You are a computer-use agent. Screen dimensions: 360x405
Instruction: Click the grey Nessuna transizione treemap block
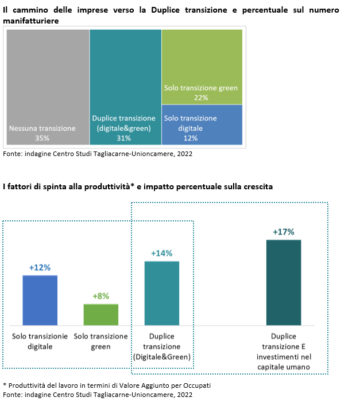[x=48, y=87]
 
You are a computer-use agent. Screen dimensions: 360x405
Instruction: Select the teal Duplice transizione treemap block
[x=126, y=87]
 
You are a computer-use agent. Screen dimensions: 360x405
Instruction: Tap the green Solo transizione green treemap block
[x=202, y=67]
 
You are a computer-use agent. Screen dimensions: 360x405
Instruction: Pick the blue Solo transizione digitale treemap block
[x=202, y=124]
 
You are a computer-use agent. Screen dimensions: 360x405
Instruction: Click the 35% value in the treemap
[x=42, y=138]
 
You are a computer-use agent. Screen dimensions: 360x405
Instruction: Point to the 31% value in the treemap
[x=124, y=138]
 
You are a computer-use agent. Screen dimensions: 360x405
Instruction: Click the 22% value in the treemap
[x=201, y=98]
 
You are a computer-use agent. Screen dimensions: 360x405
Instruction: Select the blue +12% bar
[x=40, y=301]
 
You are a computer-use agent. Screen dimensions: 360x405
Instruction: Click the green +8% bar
[x=101, y=314]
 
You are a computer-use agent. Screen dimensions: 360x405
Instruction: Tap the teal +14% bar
[x=162, y=293]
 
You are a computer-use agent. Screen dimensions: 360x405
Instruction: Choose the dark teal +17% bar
[x=284, y=283]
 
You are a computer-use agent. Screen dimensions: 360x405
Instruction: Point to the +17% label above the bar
[x=284, y=232]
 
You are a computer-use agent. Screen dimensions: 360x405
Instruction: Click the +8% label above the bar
[x=101, y=296]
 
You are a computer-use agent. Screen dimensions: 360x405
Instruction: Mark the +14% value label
[x=162, y=254]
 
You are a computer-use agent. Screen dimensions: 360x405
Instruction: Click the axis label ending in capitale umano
[x=284, y=352]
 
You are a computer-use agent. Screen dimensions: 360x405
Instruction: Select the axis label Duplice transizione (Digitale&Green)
[x=162, y=346]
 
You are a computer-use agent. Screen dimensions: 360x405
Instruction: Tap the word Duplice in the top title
[x=165, y=10]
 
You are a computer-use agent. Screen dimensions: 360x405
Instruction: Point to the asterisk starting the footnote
[x=5, y=385]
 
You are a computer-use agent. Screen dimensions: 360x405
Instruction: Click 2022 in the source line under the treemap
[x=185, y=154]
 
